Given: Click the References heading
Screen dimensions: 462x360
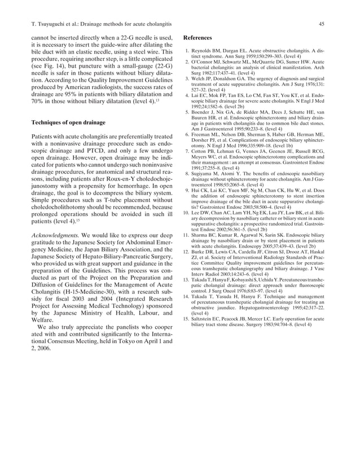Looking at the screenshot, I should [200, 38].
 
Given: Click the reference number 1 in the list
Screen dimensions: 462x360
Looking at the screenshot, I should [187, 51].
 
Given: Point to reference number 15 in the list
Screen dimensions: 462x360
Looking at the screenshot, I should [186, 319].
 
